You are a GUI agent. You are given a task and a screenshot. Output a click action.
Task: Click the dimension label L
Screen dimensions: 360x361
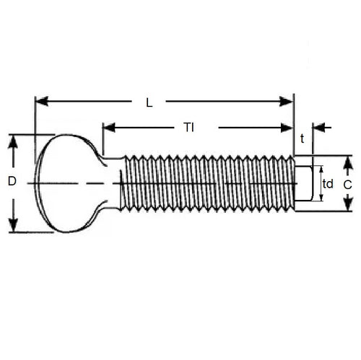click(x=149, y=102)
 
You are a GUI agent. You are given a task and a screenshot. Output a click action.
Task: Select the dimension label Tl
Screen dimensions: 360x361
click(x=188, y=128)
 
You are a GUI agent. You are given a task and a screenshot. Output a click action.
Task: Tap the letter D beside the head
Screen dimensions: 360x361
click(x=12, y=183)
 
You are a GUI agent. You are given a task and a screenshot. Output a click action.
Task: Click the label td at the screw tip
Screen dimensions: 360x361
click(x=328, y=183)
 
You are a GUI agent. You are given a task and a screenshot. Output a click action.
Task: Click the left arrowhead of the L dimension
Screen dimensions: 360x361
click(x=41, y=101)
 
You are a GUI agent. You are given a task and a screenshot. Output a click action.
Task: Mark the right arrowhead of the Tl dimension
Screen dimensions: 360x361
click(x=287, y=128)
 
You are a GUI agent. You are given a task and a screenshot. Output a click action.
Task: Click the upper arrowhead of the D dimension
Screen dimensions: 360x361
click(x=12, y=141)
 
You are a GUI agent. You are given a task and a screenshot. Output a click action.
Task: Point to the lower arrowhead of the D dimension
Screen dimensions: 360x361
click(x=12, y=226)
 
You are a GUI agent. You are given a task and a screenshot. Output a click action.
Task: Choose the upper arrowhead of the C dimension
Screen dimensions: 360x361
click(x=347, y=162)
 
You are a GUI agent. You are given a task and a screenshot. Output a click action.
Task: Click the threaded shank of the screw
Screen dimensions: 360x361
click(x=206, y=183)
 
